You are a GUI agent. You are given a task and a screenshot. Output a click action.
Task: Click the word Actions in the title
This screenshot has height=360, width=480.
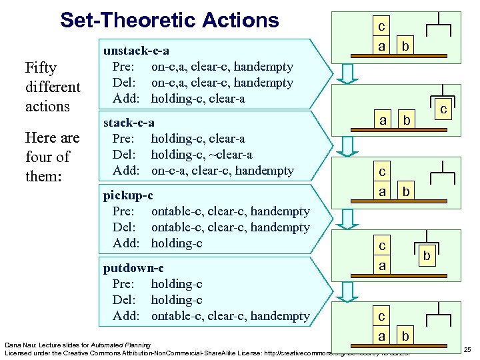(x=237, y=20)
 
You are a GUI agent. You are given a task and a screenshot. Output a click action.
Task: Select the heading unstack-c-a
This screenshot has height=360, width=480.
(x=135, y=51)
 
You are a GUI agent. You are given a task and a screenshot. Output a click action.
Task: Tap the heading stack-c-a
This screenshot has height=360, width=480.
(x=129, y=123)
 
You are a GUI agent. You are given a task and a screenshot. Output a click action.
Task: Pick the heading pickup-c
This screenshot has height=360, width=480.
(x=127, y=195)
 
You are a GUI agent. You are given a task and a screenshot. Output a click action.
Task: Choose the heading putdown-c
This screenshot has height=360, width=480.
(x=133, y=268)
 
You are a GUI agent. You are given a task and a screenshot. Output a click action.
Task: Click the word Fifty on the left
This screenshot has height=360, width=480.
(x=41, y=68)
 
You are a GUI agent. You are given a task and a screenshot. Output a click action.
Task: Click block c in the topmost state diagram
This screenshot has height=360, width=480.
(x=381, y=27)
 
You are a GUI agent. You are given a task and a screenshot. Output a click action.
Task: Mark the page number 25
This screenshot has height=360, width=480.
(x=467, y=350)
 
